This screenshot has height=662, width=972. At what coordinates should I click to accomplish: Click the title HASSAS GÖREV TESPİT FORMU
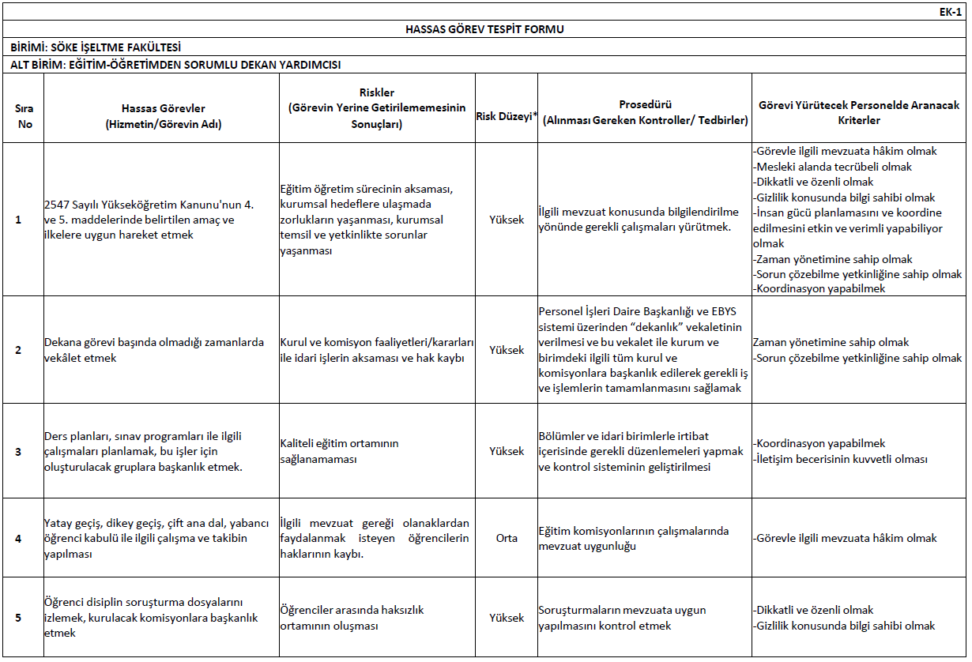(484, 29)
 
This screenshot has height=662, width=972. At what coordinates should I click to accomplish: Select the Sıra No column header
(24, 116)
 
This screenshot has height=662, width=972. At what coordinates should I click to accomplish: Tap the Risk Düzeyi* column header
(506, 116)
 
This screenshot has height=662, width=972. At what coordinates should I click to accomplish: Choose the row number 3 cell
(19, 451)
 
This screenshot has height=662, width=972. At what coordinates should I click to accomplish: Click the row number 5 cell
(19, 618)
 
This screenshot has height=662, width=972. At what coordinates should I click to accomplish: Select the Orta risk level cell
(507, 538)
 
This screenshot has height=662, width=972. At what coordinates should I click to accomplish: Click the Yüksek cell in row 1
(507, 220)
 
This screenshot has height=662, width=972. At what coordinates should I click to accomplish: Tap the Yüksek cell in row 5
(507, 618)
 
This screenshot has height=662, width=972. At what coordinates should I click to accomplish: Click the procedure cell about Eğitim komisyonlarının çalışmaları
(633, 538)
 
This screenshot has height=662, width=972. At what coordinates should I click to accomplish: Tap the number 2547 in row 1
(59, 205)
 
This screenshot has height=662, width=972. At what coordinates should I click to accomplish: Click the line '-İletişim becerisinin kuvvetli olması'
(840, 459)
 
